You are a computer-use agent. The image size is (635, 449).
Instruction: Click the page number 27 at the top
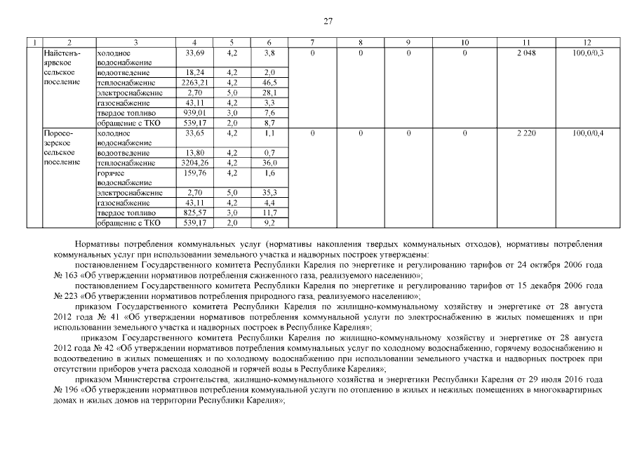[x=328, y=21]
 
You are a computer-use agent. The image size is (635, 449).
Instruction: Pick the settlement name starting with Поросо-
[x=58, y=133]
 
